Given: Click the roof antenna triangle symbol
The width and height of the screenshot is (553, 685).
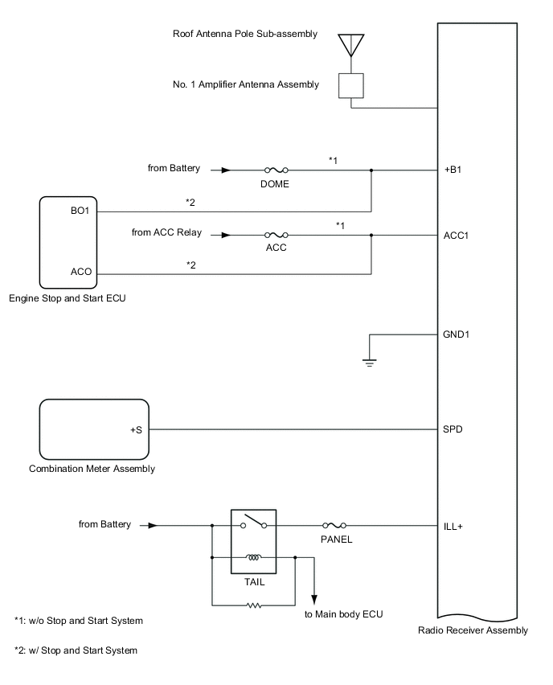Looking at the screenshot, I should (351, 43).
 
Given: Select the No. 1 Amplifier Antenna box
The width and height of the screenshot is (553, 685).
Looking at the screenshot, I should (351, 85).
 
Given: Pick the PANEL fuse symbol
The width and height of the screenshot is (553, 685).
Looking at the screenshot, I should (334, 526).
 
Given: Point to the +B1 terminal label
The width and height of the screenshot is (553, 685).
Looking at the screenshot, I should (453, 170).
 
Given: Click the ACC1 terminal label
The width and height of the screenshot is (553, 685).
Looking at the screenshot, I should (456, 236).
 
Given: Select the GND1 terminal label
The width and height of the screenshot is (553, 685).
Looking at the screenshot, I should (456, 334).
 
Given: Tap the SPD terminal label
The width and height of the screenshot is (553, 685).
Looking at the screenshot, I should (453, 429).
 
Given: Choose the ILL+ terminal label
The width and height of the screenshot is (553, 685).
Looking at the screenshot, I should (453, 526).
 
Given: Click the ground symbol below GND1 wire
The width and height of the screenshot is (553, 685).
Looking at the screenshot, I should (369, 362).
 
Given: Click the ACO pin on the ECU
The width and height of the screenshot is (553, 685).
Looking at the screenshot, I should (80, 274).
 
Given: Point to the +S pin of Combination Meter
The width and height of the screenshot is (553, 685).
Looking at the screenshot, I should (136, 429).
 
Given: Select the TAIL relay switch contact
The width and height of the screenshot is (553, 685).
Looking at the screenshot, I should (253, 523).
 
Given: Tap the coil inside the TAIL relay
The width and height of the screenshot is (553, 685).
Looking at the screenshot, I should (253, 556).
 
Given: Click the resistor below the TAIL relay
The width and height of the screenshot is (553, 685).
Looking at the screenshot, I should (253, 605).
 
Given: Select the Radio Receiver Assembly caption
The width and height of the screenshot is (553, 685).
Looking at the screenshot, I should (473, 630).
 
